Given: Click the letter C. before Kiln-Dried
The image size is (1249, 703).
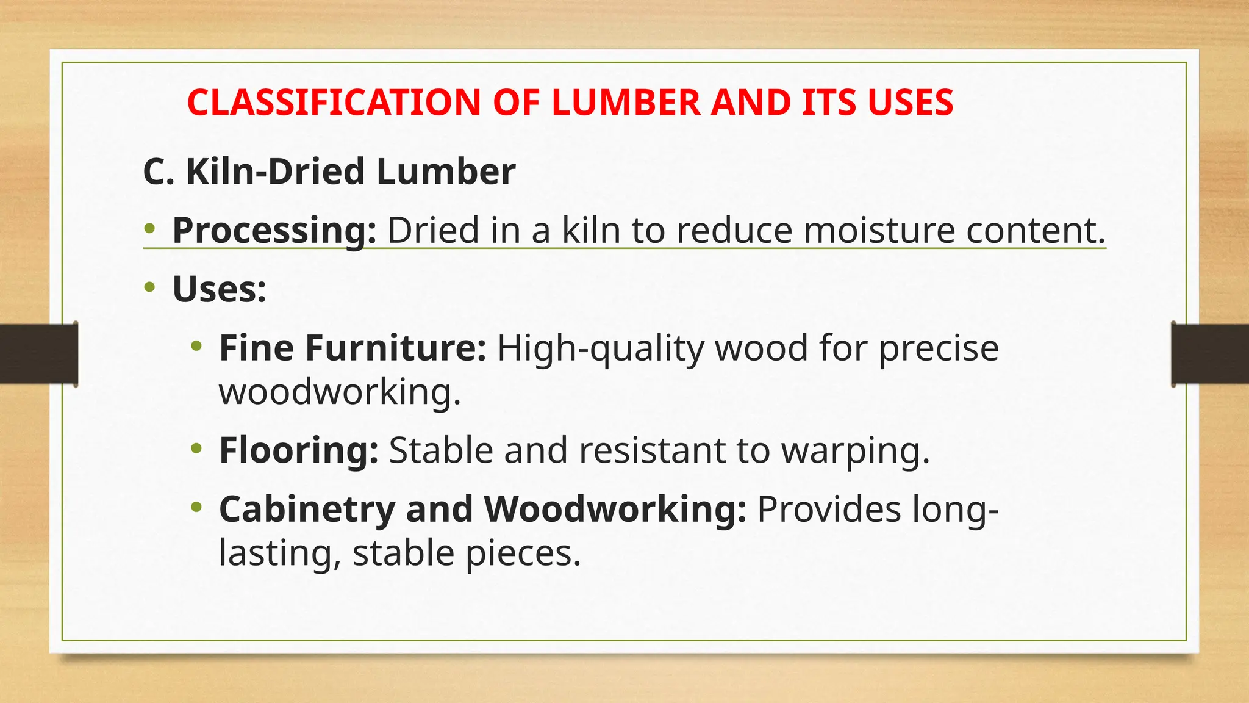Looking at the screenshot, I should [159, 171].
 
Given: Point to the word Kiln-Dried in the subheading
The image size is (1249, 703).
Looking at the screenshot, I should [275, 171].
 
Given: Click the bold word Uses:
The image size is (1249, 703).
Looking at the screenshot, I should [220, 289].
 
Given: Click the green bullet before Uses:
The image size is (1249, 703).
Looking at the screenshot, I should [150, 287].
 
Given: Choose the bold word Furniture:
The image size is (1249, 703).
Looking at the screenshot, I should [395, 348].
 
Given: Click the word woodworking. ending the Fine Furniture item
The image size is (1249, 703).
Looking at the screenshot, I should [340, 391].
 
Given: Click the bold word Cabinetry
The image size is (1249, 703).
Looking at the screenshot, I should [307, 509].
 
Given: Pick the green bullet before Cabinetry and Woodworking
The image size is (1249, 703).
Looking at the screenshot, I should [196, 507].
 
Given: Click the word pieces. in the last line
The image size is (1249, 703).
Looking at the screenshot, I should [523, 553].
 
